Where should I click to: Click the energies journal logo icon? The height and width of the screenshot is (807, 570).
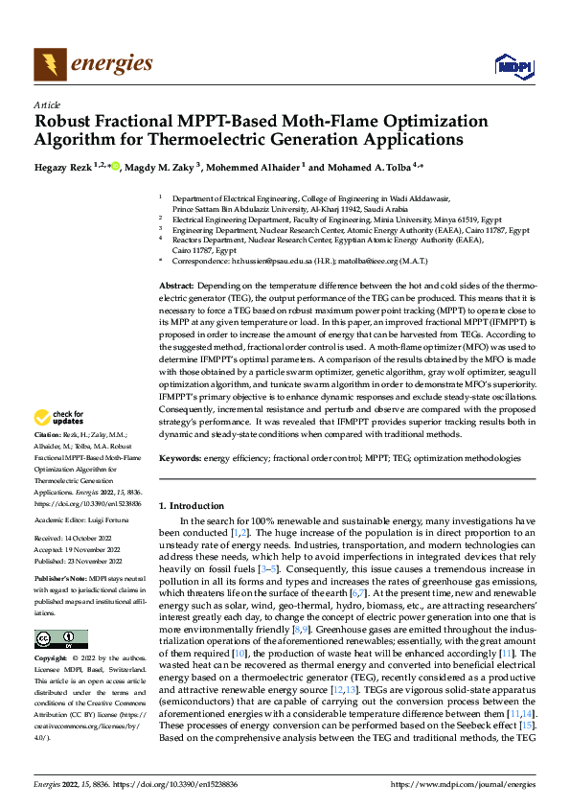pos(49,64)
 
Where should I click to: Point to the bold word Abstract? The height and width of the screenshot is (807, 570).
pos(176,286)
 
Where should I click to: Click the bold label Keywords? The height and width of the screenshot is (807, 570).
pos(180,459)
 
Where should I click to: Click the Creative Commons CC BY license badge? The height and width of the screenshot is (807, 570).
pos(60,639)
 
